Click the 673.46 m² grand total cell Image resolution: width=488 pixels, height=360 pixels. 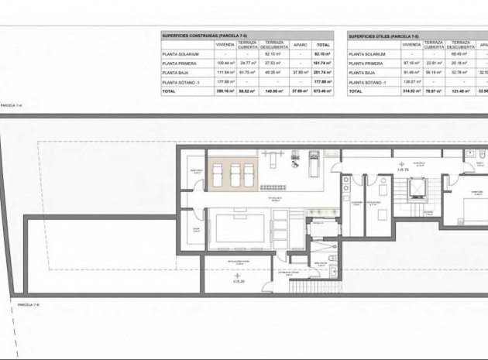tap(323, 91)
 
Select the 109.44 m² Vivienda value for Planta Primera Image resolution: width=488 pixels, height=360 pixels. tap(225, 63)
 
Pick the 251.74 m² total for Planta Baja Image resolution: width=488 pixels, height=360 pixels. tap(323, 72)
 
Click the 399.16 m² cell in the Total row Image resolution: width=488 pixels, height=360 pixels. tap(225, 91)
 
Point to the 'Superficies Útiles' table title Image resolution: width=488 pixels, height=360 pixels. tap(384, 36)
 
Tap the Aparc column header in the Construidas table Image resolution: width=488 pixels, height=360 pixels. tap(301, 45)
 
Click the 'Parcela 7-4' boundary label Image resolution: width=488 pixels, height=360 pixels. tap(10, 105)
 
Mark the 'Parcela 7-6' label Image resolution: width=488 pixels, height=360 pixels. tap(28, 305)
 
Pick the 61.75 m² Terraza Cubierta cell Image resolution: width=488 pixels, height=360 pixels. tap(248, 72)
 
